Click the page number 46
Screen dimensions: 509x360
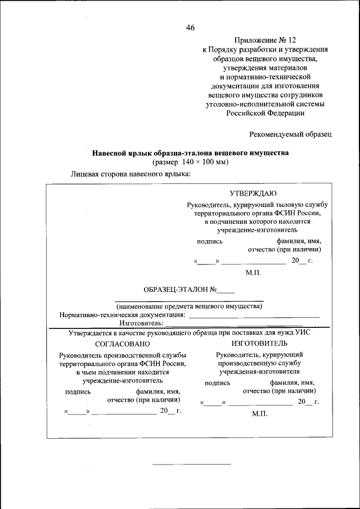click(x=190, y=28)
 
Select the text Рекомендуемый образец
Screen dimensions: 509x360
click(x=291, y=134)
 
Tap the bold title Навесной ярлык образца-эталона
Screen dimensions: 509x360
click(x=190, y=153)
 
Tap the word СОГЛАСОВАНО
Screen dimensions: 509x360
click(x=123, y=344)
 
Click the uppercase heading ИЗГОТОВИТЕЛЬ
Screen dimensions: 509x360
click(x=259, y=343)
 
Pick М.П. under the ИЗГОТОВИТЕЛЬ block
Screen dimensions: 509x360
click(x=259, y=413)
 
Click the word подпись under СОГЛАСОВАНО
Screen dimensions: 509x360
click(x=78, y=393)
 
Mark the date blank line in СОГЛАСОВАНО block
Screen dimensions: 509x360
click(x=124, y=413)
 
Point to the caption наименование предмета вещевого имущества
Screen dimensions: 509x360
click(x=189, y=307)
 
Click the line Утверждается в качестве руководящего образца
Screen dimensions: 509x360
click(x=189, y=332)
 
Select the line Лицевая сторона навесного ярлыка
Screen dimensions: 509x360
click(x=130, y=174)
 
